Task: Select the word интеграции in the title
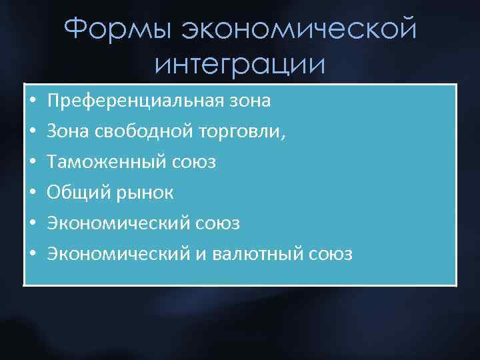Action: (x=240, y=64)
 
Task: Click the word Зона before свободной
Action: (x=67, y=132)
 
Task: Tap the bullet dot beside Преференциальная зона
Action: (x=31, y=102)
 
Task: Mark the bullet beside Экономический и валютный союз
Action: (x=31, y=255)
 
